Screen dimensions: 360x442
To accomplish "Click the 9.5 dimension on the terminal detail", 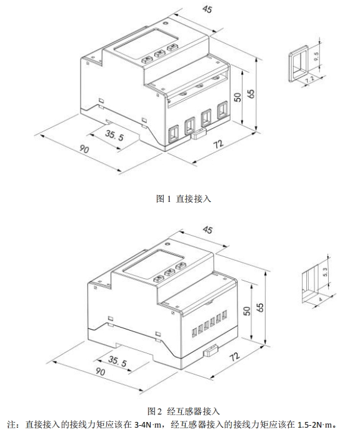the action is [x=316, y=56].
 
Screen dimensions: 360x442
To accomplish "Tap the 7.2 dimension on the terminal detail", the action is [x=310, y=79].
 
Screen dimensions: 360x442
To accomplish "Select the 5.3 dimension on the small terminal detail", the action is [x=324, y=272].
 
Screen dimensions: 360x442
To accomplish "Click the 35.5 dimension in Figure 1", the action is [x=114, y=135].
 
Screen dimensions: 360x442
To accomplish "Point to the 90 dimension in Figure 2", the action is [x=100, y=371].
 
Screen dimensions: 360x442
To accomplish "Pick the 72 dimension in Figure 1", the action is [x=218, y=144].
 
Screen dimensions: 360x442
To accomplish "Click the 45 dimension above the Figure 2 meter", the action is [x=207, y=229].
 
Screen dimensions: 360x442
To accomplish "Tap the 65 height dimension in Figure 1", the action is [x=251, y=93].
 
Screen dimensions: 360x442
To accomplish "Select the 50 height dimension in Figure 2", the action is [x=247, y=310].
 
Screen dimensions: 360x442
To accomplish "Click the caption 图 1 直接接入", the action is [x=184, y=199].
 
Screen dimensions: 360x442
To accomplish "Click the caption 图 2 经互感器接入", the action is [x=184, y=411].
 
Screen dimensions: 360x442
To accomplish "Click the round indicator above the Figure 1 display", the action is [x=166, y=22].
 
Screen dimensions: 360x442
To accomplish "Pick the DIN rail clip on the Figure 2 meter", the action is [x=211, y=350].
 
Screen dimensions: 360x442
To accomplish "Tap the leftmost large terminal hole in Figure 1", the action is [x=173, y=134].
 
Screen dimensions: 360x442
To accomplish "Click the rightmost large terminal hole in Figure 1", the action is [x=222, y=110].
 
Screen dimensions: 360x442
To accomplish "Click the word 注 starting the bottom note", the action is [x=11, y=424].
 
